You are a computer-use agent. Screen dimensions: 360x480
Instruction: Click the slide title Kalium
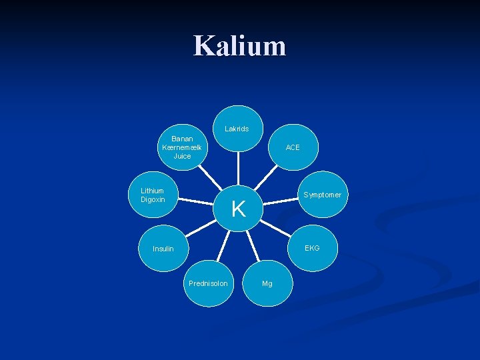[239, 46]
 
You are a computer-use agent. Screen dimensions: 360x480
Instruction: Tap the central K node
[239, 208]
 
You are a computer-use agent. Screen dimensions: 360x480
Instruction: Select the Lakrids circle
[237, 129]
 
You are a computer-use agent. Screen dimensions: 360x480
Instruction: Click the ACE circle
[293, 147]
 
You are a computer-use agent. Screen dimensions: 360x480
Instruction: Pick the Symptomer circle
[323, 195]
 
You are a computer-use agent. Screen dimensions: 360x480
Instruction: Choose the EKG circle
[312, 247]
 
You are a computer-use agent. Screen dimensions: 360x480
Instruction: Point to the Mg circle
[267, 283]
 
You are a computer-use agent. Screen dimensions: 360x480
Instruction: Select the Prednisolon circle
[208, 283]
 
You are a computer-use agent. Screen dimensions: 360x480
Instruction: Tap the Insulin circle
[163, 249]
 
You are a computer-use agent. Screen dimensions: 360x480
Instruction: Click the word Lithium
[152, 191]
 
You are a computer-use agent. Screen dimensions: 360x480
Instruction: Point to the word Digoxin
[153, 199]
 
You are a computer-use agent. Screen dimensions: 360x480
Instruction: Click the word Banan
[182, 139]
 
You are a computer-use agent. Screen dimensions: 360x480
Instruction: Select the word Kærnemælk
[182, 147]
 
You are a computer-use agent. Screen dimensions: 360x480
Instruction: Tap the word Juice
[182, 156]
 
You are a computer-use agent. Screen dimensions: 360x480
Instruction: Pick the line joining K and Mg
[254, 245]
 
